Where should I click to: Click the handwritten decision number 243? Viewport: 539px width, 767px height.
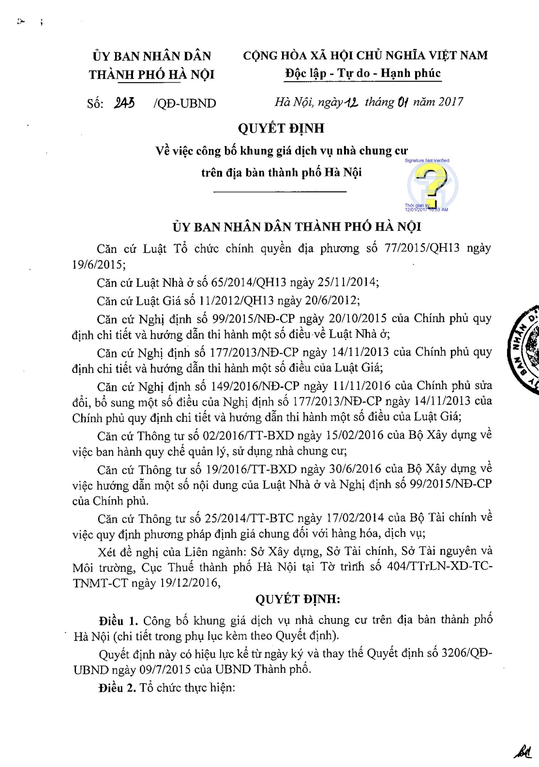124,103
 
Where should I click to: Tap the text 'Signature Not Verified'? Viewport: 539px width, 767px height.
427,160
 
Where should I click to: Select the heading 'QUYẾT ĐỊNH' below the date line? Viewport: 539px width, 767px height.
281,128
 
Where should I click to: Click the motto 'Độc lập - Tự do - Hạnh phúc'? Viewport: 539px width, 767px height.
363,73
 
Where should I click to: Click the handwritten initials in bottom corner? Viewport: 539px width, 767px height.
523,751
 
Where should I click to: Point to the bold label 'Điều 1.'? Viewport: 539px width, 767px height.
119,620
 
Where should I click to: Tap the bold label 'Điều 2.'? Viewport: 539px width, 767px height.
117,688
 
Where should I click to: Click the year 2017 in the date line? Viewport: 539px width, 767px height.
450,101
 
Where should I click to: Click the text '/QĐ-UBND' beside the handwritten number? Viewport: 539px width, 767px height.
185,103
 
